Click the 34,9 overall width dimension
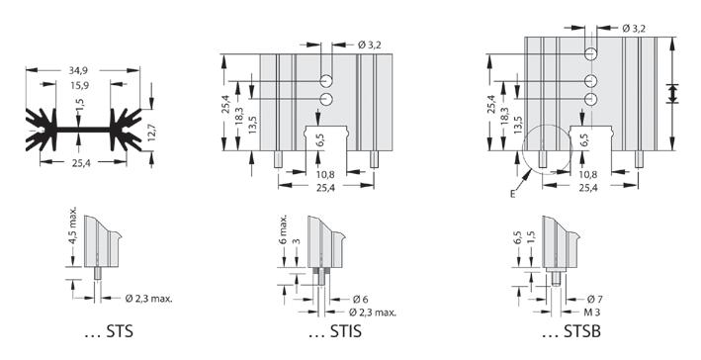coord(78,70)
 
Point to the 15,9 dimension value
coord(78,85)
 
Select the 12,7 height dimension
coord(153,132)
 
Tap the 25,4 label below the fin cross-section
coord(81,163)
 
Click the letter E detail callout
coord(512,194)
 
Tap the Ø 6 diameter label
coord(360,300)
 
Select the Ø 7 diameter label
coord(594,299)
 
